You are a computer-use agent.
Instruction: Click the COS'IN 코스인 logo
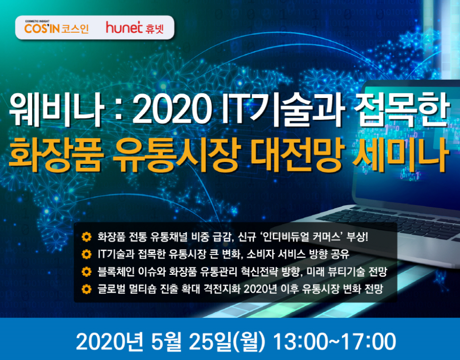(57, 28)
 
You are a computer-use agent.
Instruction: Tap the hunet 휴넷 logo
(135, 28)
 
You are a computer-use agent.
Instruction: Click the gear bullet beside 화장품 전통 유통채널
(87, 237)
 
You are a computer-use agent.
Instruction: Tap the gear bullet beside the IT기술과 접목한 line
(87, 254)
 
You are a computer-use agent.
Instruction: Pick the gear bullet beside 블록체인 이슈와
(87, 272)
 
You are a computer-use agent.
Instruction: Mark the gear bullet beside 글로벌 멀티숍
(87, 289)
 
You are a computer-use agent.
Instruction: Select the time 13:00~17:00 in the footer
(334, 342)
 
